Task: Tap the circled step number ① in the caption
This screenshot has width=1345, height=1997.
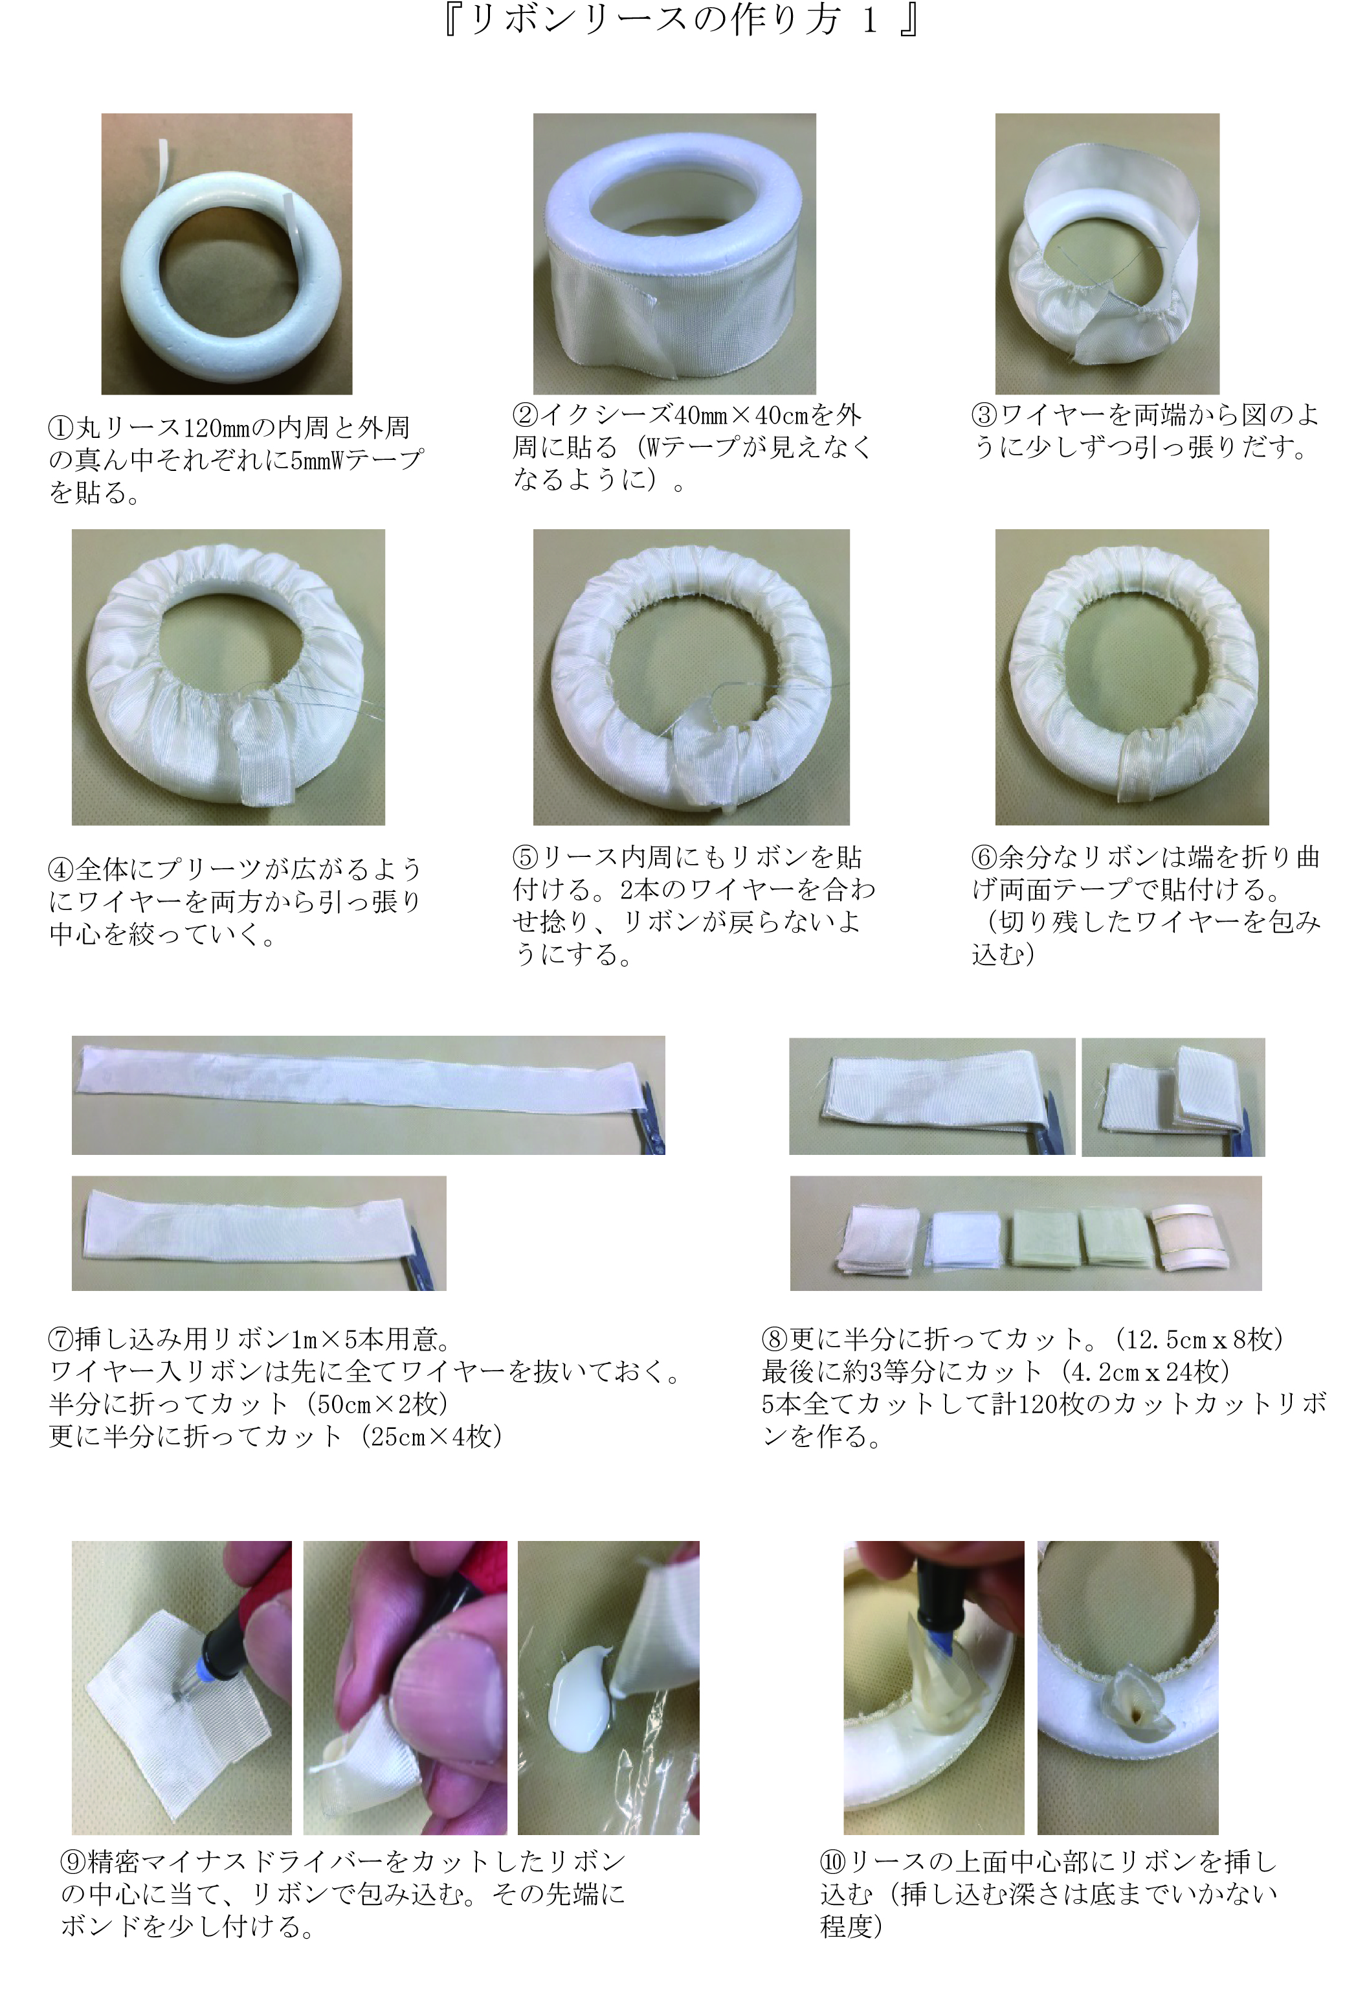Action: tap(61, 428)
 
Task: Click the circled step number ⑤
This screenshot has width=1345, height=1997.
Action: tap(525, 856)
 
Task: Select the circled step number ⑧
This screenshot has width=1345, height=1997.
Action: tap(775, 1339)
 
